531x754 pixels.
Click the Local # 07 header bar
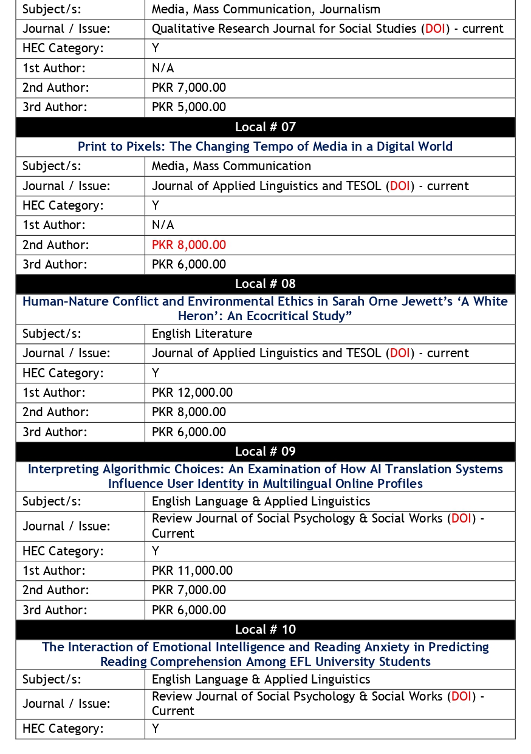[265, 127]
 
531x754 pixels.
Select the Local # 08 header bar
[265, 284]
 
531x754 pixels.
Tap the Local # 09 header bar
[265, 451]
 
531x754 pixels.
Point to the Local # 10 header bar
[265, 629]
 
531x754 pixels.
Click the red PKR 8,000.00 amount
[188, 245]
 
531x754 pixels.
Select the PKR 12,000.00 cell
[192, 392]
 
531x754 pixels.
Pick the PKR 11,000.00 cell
[192, 571]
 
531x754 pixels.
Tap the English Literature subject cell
[202, 334]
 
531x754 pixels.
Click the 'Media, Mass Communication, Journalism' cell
[265, 9]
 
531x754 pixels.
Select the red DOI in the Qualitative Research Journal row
[435, 29]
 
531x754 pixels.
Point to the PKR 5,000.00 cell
[188, 107]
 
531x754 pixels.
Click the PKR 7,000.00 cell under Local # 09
[188, 590]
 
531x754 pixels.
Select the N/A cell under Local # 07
[163, 225]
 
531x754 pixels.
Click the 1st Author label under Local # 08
[54, 392]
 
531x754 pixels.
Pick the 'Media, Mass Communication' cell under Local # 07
[231, 166]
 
